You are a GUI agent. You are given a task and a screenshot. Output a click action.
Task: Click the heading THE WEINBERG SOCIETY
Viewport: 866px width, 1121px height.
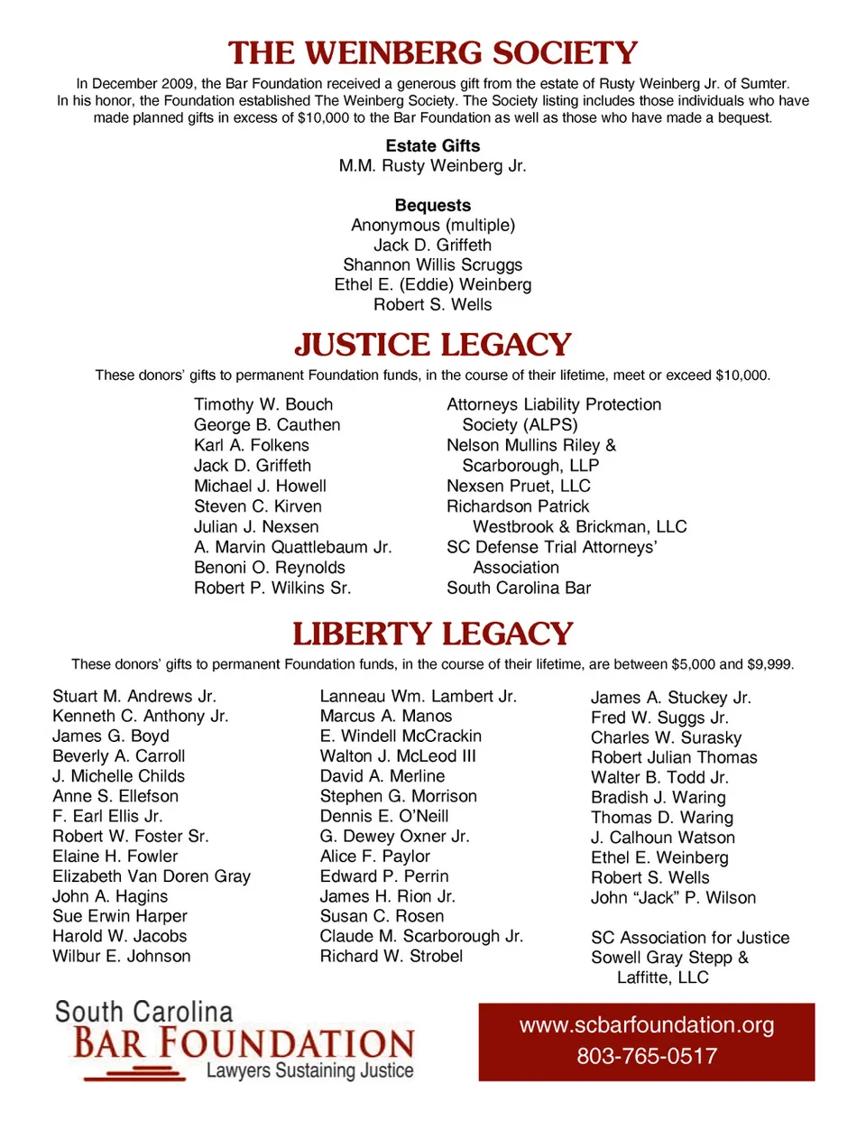tap(433, 53)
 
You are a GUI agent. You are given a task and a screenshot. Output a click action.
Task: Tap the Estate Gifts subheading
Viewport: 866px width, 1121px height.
tap(433, 146)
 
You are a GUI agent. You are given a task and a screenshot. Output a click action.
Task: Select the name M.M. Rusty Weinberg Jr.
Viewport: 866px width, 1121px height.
tap(433, 166)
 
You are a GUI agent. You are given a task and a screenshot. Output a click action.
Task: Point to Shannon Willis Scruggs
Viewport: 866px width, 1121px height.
tap(433, 265)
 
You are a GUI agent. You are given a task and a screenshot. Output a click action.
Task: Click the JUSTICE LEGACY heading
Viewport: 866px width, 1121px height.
tap(433, 345)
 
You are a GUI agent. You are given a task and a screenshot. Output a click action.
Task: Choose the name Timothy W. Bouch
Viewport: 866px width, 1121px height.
tap(263, 405)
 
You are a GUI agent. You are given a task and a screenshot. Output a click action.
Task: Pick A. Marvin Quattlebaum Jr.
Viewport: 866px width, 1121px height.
tap(293, 547)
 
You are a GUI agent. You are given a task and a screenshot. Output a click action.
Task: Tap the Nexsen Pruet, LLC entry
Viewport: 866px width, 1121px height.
tap(519, 486)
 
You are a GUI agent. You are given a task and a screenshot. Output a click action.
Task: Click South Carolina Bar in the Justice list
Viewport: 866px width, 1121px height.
tap(519, 588)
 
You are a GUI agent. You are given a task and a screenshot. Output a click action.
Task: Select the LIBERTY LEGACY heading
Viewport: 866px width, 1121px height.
tap(433, 634)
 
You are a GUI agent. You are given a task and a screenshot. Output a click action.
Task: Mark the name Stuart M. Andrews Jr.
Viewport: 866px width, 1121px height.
tap(134, 697)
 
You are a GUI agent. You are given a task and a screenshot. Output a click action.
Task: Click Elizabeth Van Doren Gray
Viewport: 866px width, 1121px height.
tap(152, 876)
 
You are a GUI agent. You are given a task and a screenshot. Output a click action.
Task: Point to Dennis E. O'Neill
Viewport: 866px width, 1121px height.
tap(384, 816)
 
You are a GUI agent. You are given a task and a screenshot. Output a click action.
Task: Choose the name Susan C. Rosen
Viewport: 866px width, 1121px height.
tap(382, 916)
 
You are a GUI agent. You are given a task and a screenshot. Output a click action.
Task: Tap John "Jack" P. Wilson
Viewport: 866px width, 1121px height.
tap(673, 898)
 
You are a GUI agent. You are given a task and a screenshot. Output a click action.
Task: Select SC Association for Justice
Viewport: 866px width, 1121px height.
tap(690, 938)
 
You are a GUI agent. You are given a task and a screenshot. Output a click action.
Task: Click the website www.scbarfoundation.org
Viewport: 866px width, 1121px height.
tap(647, 1025)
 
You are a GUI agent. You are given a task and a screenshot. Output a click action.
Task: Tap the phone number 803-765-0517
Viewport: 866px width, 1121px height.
tap(647, 1056)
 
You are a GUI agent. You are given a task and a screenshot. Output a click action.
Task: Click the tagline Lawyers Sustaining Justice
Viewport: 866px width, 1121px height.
tap(309, 1071)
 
